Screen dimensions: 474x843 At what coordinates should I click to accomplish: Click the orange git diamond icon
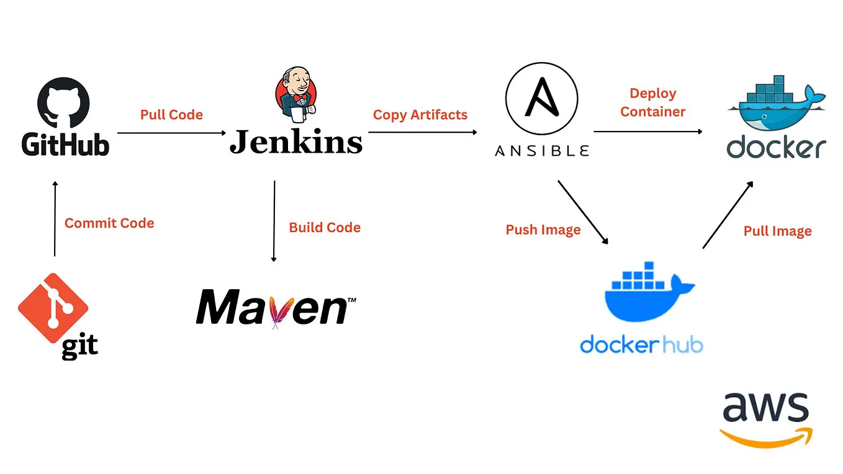pyautogui.click(x=53, y=308)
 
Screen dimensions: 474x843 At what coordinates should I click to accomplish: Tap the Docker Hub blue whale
pyautogui.click(x=648, y=292)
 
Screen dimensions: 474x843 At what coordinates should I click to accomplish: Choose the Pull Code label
pyautogui.click(x=171, y=115)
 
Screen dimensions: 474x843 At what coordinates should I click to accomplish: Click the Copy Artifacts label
pyautogui.click(x=420, y=115)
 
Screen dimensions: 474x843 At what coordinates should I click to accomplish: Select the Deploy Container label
pyautogui.click(x=652, y=102)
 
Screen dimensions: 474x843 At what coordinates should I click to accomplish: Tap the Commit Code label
pyautogui.click(x=109, y=223)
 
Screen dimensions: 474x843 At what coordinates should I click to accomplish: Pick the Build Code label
pyautogui.click(x=325, y=228)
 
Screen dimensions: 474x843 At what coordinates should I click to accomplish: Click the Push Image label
pyautogui.click(x=543, y=230)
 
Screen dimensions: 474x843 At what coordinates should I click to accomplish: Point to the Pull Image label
pyautogui.click(x=777, y=231)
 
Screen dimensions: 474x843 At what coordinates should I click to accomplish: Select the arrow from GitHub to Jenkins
pyautogui.click(x=171, y=133)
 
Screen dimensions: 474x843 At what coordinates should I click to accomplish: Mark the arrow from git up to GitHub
pyautogui.click(x=55, y=218)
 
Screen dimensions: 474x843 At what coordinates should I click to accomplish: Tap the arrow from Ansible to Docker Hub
pyautogui.click(x=584, y=213)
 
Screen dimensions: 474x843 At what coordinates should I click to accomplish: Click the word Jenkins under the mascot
pyautogui.click(x=295, y=141)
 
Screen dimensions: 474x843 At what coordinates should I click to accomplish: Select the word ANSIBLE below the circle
pyautogui.click(x=541, y=151)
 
